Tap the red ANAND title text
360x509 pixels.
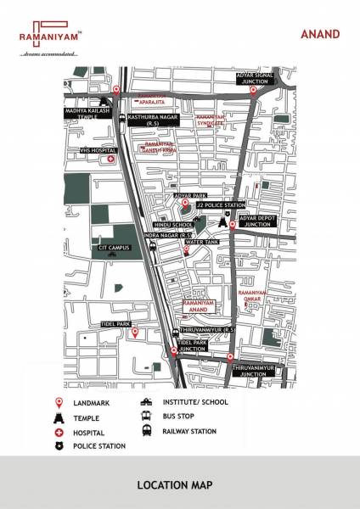[x=319, y=34]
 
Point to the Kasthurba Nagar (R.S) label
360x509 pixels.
[x=153, y=119]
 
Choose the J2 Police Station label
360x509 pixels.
[x=221, y=205]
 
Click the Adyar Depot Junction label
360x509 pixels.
[x=258, y=221]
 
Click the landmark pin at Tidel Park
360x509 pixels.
[x=133, y=333]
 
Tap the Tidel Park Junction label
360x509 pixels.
[x=192, y=345]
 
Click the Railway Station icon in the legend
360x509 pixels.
[x=147, y=431]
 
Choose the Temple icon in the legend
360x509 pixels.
[x=59, y=417]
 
